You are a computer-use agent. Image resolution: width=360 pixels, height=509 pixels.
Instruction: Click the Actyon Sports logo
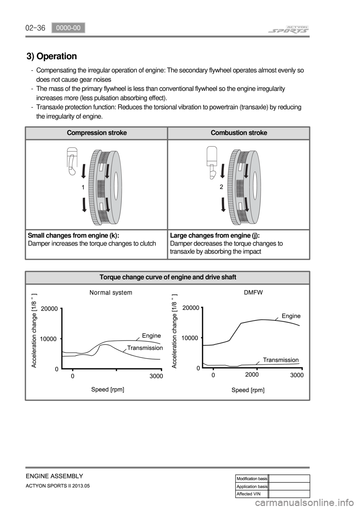[288, 29]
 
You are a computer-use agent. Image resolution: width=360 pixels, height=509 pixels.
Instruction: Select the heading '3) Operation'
[52, 56]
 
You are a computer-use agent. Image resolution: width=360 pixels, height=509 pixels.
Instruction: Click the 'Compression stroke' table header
[96, 133]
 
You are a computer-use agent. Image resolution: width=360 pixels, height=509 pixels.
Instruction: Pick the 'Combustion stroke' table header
[239, 133]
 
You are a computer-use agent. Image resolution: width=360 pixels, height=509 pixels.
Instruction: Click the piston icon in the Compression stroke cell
[72, 161]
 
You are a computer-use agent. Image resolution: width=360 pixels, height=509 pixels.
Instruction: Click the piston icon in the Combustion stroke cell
[212, 161]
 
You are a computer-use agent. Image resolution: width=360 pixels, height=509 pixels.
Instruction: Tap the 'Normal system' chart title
[111, 292]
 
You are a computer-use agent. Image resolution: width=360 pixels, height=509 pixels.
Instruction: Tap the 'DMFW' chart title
[253, 292]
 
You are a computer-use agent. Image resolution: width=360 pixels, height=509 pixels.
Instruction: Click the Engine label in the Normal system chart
[151, 335]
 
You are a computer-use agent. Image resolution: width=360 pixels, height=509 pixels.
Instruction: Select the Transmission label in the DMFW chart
[280, 360]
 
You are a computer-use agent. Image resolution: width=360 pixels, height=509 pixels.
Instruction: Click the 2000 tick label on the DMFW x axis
[252, 374]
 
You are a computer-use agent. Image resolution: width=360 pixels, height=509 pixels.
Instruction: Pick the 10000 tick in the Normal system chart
[48, 338]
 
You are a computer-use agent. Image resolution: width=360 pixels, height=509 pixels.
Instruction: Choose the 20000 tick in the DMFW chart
[190, 308]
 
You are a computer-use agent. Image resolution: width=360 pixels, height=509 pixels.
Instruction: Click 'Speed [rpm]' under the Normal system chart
[108, 389]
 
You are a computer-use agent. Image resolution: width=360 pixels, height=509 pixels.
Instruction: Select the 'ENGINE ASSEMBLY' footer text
[54, 476]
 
